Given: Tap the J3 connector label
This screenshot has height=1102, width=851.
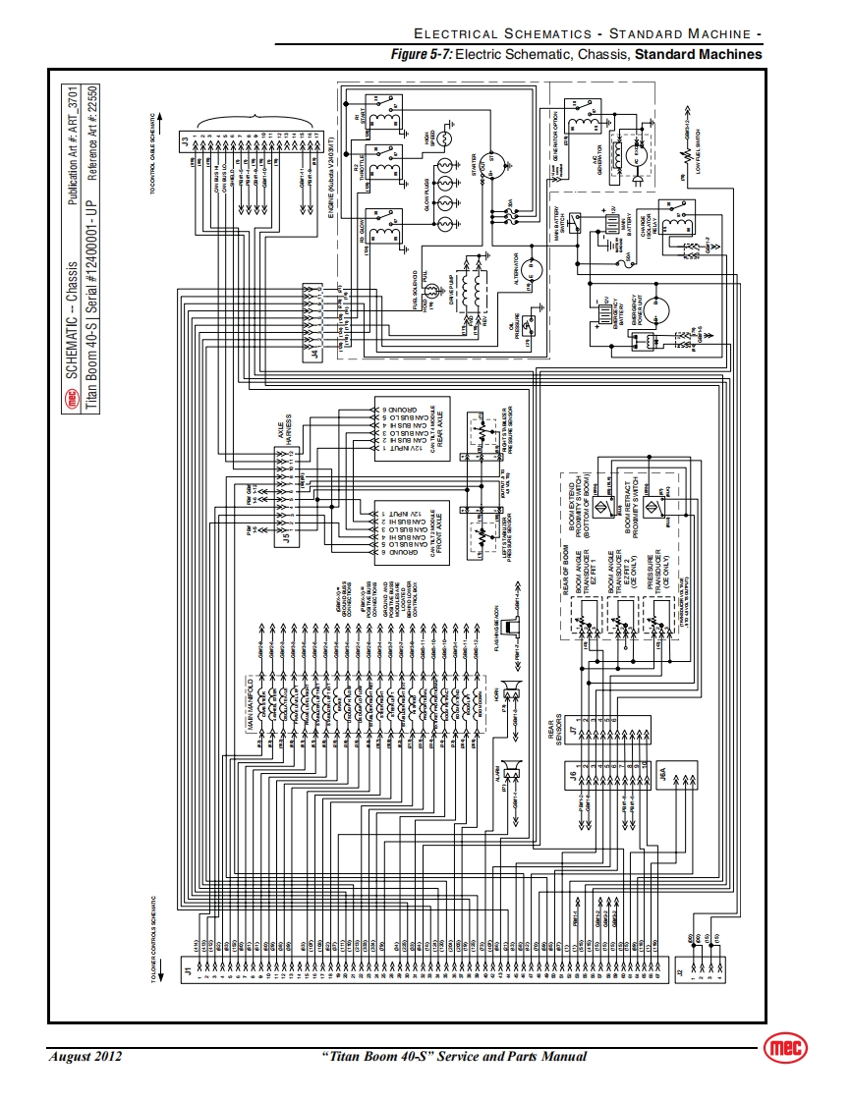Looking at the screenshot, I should (186, 141).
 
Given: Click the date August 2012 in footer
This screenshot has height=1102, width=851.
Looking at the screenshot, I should (85, 1057).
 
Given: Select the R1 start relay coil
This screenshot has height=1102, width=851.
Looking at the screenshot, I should (389, 116).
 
